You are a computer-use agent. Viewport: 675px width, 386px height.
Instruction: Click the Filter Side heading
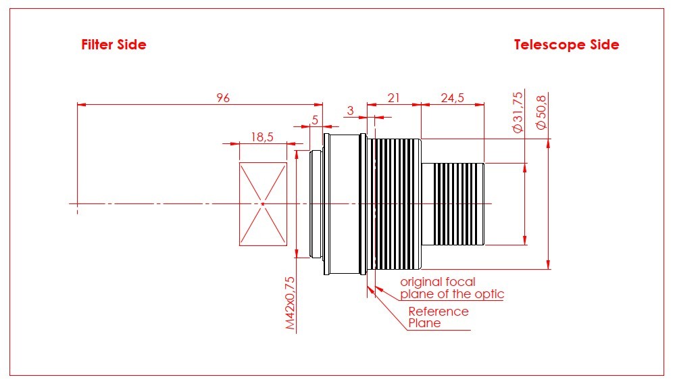coord(114,45)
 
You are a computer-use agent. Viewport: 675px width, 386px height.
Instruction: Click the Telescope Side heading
coord(566,45)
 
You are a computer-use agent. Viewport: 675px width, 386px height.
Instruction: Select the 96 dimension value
coord(222,98)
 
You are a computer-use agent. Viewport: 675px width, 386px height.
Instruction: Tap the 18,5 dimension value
coord(262,137)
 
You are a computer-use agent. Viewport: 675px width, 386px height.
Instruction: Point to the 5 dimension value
coord(315,120)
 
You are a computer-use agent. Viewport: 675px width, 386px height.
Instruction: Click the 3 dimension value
coord(351,111)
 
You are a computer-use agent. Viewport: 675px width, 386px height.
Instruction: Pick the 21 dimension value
coord(393,98)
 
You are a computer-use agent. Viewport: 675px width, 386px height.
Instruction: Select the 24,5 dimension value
coord(453,98)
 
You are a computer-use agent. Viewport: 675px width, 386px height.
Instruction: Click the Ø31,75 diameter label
coord(518,112)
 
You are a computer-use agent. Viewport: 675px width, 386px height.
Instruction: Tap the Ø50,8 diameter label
coord(541,112)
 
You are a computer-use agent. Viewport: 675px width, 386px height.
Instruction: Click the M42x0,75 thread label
coord(291,304)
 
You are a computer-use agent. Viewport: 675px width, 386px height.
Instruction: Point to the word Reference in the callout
coord(439,311)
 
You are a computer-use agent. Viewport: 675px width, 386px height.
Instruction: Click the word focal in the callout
coord(460,282)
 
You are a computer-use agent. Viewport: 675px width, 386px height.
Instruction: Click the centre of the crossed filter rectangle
coord(263,204)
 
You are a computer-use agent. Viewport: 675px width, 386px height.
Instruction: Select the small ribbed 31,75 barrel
coord(453,204)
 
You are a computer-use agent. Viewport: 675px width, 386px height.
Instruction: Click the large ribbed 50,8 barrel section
coord(395,204)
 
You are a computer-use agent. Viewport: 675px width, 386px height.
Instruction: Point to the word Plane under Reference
coord(424,323)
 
